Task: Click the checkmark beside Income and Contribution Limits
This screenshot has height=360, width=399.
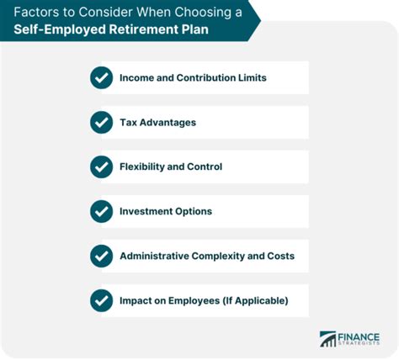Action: pyautogui.click(x=101, y=78)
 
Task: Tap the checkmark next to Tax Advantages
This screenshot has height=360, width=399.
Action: pyautogui.click(x=101, y=123)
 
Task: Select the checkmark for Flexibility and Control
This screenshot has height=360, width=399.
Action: pyautogui.click(x=101, y=167)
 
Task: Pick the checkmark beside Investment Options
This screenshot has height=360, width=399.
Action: pyautogui.click(x=101, y=211)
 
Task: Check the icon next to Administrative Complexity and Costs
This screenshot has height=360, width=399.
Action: pyautogui.click(x=101, y=255)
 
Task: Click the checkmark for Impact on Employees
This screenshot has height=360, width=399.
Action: pyautogui.click(x=101, y=299)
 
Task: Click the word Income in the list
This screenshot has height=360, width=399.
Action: pyautogui.click(x=137, y=78)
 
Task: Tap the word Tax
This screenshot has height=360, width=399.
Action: pyautogui.click(x=128, y=123)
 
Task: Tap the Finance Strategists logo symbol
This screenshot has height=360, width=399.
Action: pyautogui.click(x=327, y=338)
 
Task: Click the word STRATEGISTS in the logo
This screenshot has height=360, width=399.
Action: pyautogui.click(x=361, y=343)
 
